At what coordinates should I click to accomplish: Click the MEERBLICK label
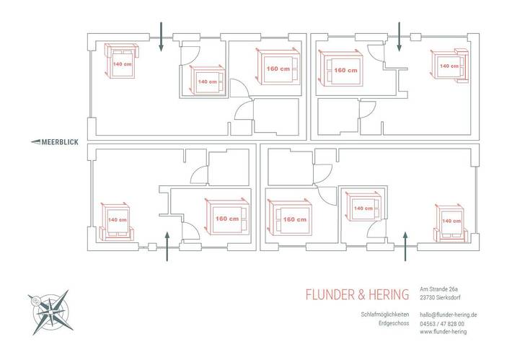click(60, 142)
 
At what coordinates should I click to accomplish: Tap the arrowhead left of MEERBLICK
click(35, 142)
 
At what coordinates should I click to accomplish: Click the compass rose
click(50, 312)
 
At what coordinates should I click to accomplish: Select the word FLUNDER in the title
click(330, 294)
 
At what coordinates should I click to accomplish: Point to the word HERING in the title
click(389, 294)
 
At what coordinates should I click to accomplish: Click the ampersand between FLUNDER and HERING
click(362, 294)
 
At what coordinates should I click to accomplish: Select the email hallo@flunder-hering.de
click(449, 315)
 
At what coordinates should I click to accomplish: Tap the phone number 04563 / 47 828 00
click(442, 324)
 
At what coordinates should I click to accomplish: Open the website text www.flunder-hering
click(443, 332)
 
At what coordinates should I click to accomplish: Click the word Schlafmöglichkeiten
click(385, 315)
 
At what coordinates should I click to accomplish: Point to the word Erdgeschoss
click(394, 323)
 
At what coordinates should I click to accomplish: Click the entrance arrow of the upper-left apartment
click(161, 37)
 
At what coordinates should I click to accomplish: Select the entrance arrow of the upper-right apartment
click(399, 37)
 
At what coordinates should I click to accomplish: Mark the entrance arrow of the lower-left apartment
click(167, 246)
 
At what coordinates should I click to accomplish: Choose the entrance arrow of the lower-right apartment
click(405, 246)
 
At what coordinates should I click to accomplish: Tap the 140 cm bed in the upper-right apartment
click(450, 65)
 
